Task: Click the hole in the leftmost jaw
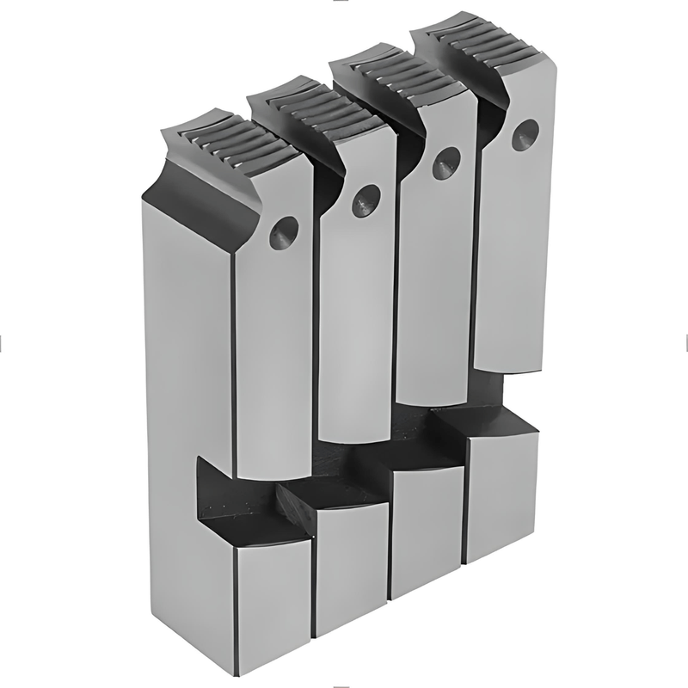pyautogui.click(x=283, y=233)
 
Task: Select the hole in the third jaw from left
pyautogui.click(x=445, y=163)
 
